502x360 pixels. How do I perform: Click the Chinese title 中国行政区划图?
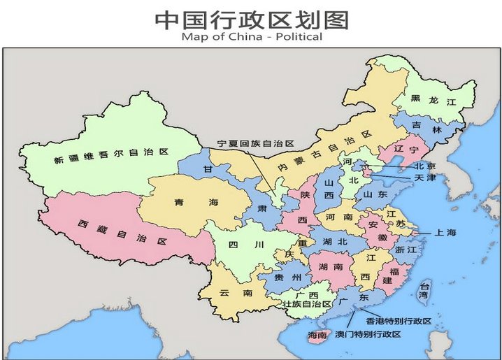point(251,18)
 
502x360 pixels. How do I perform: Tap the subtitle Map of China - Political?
point(251,36)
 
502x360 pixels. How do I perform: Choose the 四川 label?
point(249,245)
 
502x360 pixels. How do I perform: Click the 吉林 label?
point(428,129)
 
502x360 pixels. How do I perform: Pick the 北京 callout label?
point(424,166)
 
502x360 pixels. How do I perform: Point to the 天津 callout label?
point(424,178)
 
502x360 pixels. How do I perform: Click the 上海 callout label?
point(445,232)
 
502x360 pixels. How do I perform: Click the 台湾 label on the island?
point(423,290)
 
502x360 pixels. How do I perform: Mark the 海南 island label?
point(317,336)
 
